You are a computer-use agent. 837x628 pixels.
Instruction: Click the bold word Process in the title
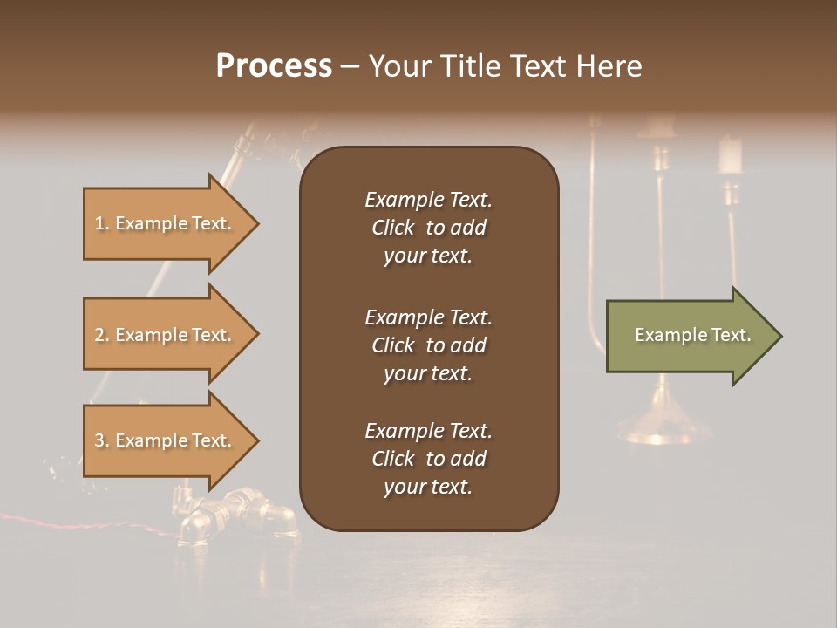(274, 66)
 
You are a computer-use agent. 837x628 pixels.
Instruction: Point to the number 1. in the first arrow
(102, 223)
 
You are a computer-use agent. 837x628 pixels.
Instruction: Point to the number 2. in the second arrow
(102, 335)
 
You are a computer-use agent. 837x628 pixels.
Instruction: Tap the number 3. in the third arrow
(102, 440)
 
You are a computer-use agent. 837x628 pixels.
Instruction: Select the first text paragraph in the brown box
(428, 228)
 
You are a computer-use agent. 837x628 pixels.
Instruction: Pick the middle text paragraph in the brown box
(428, 345)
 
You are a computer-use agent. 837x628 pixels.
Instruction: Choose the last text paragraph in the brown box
(428, 459)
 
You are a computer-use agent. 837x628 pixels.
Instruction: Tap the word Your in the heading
(398, 66)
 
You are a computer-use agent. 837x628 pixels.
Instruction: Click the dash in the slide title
(350, 66)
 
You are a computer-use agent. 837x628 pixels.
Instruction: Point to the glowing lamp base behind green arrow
(663, 427)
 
